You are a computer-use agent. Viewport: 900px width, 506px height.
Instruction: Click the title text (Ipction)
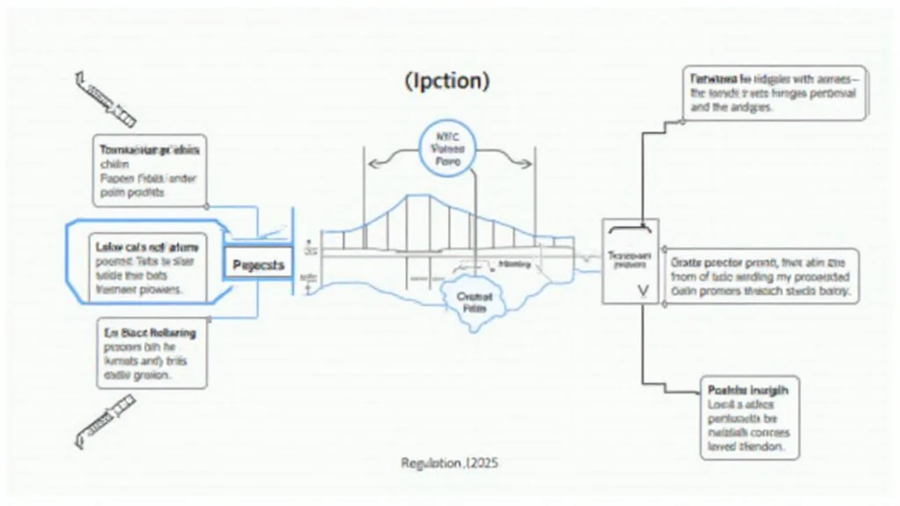(447, 81)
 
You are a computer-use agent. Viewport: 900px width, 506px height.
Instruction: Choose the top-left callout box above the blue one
(149, 170)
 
